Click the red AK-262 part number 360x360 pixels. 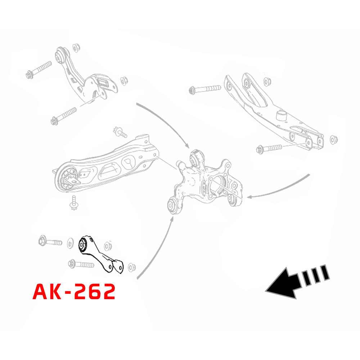click(74, 291)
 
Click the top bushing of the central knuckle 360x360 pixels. click(197, 157)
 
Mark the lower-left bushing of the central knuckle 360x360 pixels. click(174, 206)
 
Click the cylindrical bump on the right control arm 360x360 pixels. click(280, 116)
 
